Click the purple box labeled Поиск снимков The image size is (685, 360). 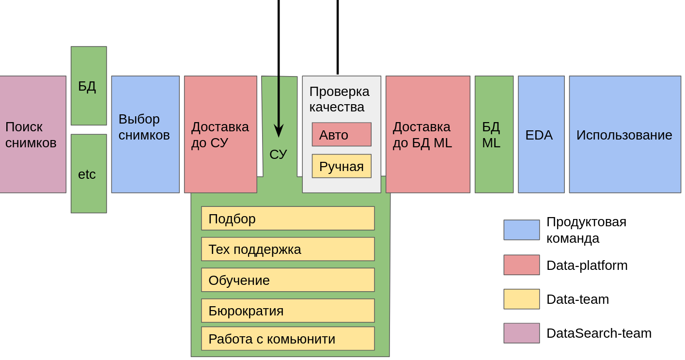point(32,134)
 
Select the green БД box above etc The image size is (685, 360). point(89,86)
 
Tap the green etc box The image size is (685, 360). point(89,173)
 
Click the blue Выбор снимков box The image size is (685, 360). point(145,134)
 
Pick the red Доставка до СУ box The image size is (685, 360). point(220,134)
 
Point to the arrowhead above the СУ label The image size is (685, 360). point(279,130)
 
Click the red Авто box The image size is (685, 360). point(342,134)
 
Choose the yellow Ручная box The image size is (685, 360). point(342,166)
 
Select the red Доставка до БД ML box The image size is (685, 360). point(428,134)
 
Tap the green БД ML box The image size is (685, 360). point(494,134)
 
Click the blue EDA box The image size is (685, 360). point(541,134)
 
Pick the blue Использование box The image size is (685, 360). point(625,134)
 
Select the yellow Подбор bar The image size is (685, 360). point(288,219)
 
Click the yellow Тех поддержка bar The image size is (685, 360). point(288,249)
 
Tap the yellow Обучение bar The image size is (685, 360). point(288,280)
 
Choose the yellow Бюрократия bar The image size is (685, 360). point(288,311)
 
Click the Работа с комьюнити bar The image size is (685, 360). point(288,339)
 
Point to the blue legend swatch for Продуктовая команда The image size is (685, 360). point(521,230)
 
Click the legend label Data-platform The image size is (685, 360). point(587,266)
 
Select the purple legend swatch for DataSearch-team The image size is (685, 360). point(521,333)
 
